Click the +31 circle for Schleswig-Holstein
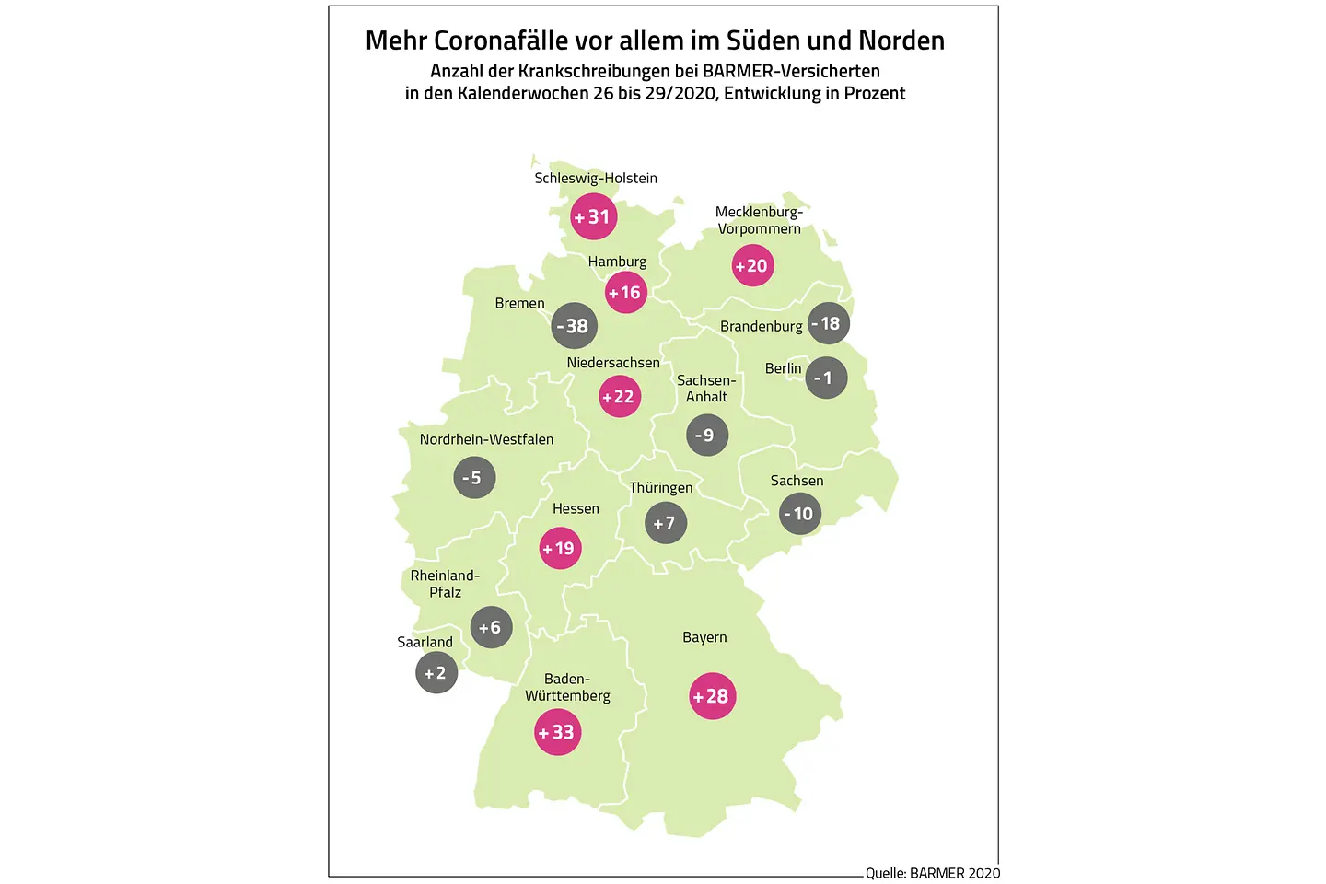point(593,217)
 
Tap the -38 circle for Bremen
point(575,326)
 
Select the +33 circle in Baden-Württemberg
point(557,733)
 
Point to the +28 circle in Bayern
point(712,696)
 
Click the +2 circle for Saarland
point(436,673)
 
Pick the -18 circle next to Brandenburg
point(828,323)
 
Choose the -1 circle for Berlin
point(826,378)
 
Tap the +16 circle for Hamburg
point(625,293)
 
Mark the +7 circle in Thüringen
point(665,523)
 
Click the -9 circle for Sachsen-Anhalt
point(706,435)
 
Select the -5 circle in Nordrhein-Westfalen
point(474,478)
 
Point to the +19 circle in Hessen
point(560,549)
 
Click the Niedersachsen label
point(613,363)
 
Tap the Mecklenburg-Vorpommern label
point(759,220)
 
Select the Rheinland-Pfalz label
point(445,584)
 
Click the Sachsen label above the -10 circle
point(797,481)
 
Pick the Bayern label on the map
point(704,637)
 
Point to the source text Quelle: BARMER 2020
point(932,873)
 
